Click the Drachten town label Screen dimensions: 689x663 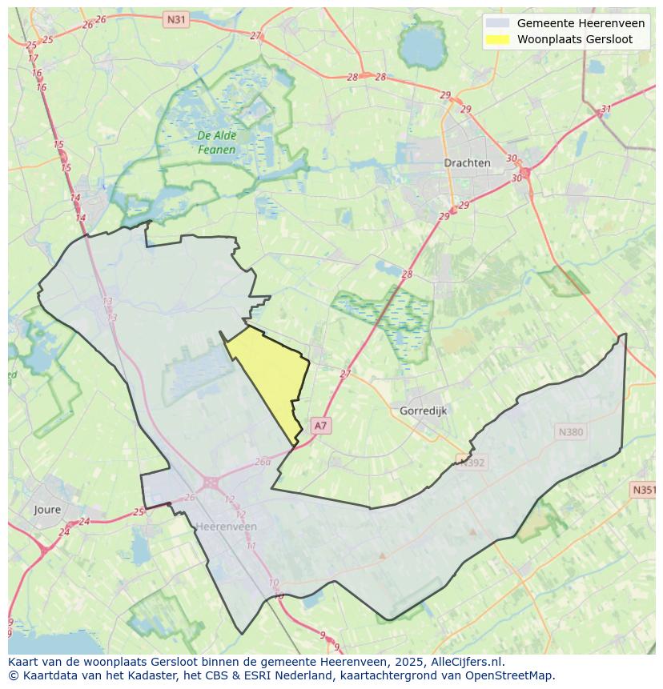467,162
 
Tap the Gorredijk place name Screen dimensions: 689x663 422,411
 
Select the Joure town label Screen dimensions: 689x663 47,509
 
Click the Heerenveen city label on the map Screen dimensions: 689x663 227,527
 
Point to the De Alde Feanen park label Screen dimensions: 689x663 216,142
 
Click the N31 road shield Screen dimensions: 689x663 175,18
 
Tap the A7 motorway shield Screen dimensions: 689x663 320,426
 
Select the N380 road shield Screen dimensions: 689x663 571,432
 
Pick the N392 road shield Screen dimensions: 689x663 472,461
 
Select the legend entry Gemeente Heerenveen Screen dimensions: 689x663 581,23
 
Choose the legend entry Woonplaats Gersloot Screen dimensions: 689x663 574,39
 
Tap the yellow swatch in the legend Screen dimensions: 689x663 497,39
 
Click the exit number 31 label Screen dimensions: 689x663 606,110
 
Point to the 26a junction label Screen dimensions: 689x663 263,463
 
